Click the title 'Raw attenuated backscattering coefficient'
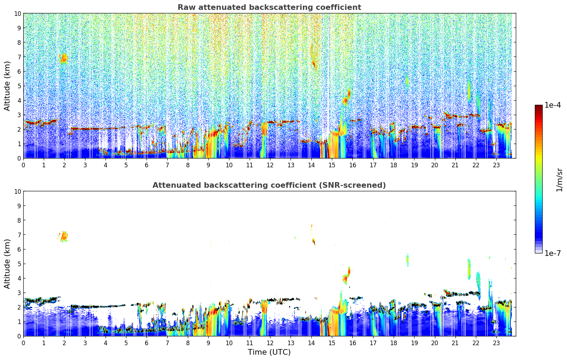coord(269,7)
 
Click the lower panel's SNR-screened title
coord(269,185)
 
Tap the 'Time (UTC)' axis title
coord(269,352)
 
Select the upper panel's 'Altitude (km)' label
coord(7,86)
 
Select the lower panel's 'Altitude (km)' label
coord(7,264)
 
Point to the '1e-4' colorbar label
coord(553,105)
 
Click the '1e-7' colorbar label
coord(553,253)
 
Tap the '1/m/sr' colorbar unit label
coord(559,179)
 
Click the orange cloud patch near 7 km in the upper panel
coord(64,58)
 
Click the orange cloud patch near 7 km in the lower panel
coord(64,236)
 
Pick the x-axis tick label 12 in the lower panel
coord(270,343)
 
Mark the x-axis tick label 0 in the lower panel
coord(24,343)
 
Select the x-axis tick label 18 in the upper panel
coord(393,165)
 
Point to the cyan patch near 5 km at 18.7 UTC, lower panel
coord(407,260)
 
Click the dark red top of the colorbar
coord(538,107)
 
